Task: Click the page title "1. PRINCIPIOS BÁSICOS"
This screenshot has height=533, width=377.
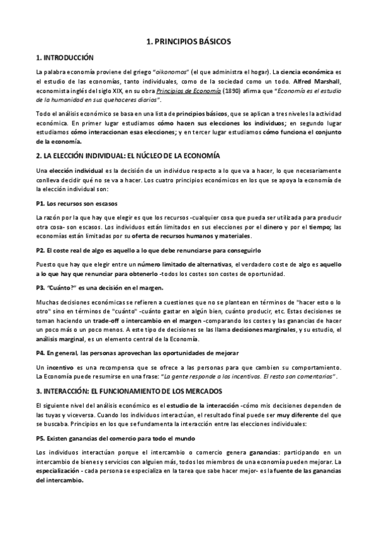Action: tap(188, 41)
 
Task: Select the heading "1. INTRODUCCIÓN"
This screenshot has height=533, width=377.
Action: tap(65, 57)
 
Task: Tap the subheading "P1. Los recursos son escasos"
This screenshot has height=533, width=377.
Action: tap(76, 204)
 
